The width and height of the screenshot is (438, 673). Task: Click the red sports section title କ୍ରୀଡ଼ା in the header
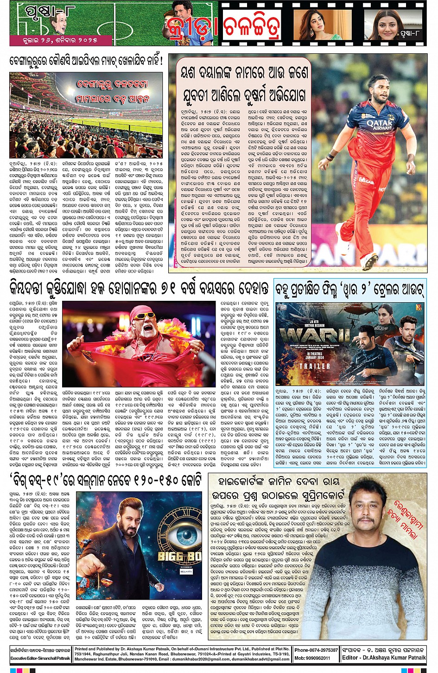pos(191,29)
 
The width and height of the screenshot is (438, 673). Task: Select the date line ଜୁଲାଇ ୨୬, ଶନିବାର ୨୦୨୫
pos(61,41)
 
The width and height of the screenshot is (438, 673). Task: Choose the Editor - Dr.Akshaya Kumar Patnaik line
pos(384,658)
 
